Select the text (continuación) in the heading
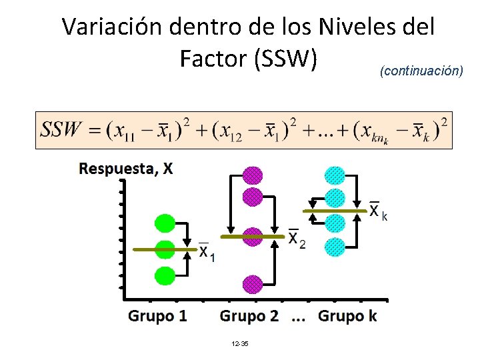pos(421,71)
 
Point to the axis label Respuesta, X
pos(126,168)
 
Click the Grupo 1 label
pos(157,316)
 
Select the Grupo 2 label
pos(249,316)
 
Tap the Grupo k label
pos(347,316)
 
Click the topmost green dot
pos(165,224)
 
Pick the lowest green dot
pos(165,275)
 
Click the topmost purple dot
pos(253,175)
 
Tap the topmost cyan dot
pos(335,175)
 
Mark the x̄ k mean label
pos(378,211)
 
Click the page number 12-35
pos(239,343)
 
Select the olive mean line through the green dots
pos(143,249)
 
